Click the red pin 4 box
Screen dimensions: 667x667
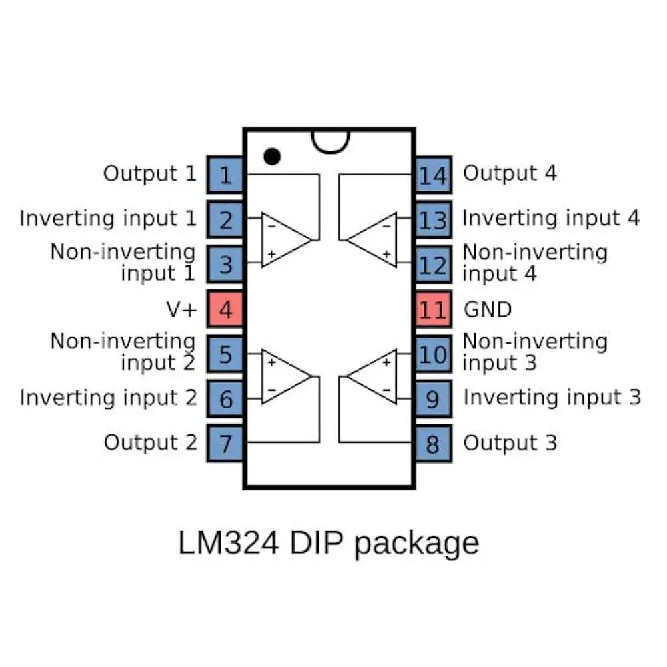225,309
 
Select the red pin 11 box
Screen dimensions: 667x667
433,309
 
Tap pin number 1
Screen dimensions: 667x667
225,175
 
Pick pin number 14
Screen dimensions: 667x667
433,175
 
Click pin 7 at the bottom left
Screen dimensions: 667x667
225,443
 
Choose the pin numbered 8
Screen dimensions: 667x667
433,443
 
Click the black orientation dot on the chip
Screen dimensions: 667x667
271,156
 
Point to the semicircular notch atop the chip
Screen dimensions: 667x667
330,141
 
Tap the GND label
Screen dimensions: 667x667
487,309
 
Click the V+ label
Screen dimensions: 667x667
181,309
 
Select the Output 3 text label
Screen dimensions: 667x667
510,443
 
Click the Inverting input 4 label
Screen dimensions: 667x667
551,218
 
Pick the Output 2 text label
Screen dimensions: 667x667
151,442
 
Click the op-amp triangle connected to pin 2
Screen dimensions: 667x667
283,239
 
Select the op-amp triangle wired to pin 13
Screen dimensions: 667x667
376,239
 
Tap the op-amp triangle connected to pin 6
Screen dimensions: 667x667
283,376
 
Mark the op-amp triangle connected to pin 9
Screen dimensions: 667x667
376,376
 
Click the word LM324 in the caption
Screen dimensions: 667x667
228,543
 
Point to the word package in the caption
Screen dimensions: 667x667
416,544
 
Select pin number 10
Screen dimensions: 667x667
433,354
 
